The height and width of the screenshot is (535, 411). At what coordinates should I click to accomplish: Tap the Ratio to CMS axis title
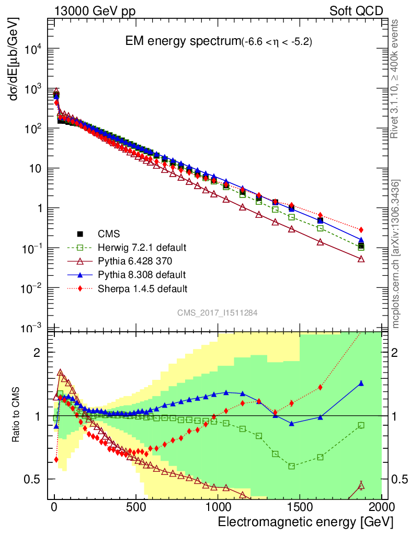(x=17, y=415)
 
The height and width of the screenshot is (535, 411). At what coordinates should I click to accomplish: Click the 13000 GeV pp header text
(x=95, y=11)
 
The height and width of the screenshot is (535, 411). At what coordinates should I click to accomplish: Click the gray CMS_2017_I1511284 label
(x=217, y=312)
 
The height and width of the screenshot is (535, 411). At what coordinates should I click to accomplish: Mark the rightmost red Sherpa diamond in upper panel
(x=361, y=230)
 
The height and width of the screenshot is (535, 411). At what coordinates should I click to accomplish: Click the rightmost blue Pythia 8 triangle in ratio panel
(x=361, y=383)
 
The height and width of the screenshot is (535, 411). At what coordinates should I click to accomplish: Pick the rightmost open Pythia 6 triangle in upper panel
(x=361, y=259)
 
